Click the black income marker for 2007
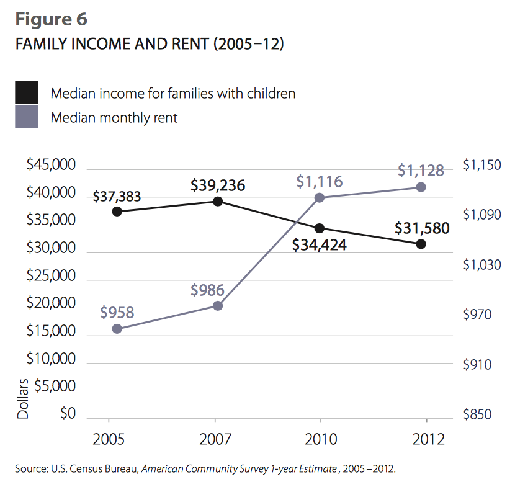click(218, 202)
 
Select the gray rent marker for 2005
click(117, 329)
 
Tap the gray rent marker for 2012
click(421, 187)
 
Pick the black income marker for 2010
click(320, 228)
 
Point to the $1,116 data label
click(319, 182)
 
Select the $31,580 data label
click(422, 228)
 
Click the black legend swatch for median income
click(27, 92)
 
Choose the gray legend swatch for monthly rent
click(27, 117)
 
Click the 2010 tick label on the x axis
click(320, 440)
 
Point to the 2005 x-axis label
click(109, 440)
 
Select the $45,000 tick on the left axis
click(51, 166)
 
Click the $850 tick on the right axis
click(477, 414)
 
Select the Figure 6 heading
click(51, 19)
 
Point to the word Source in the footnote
click(29, 468)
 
